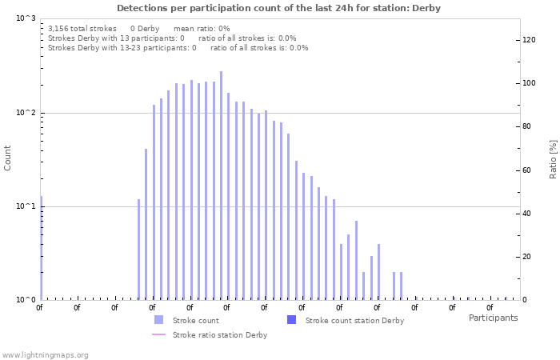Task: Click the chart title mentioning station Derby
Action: point(278,8)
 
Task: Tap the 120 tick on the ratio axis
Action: point(530,39)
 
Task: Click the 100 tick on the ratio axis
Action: point(530,83)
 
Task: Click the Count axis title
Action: point(8,158)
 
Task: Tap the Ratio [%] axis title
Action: point(553,158)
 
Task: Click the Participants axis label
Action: point(493,318)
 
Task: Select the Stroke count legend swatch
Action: point(158,320)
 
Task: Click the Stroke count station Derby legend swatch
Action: point(291,320)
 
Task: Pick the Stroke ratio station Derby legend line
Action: point(158,334)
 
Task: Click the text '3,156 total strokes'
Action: point(82,28)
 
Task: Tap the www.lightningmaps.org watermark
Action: point(45,354)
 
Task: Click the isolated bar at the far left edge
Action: point(41,248)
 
